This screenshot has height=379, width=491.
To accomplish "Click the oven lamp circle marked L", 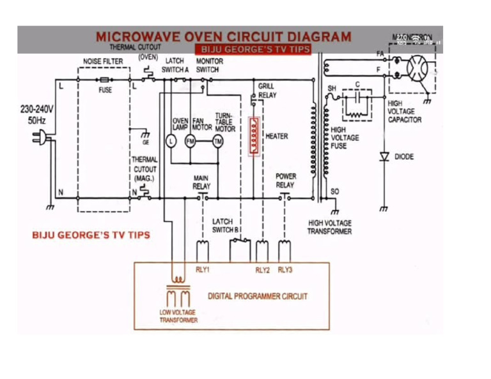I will pyautogui.click(x=171, y=141).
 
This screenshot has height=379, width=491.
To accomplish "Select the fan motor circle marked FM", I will pyautogui.click(x=190, y=141).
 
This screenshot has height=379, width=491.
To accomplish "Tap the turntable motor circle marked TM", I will pyautogui.click(x=217, y=141).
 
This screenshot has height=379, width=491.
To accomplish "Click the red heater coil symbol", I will pyautogui.click(x=254, y=136).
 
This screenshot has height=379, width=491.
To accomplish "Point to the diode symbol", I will pyautogui.click(x=384, y=156).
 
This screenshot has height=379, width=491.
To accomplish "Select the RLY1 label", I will pyautogui.click(x=203, y=270).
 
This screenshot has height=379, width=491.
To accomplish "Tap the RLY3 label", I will pyautogui.click(x=284, y=270).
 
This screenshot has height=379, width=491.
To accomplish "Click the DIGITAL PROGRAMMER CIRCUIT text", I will pyautogui.click(x=258, y=296).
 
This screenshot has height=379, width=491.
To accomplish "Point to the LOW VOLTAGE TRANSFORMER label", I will pyautogui.click(x=178, y=316).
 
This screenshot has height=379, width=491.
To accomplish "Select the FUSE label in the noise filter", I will pyautogui.click(x=105, y=90).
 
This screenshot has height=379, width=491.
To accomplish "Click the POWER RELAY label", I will pyautogui.click(x=285, y=181).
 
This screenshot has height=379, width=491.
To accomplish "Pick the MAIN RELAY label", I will pyautogui.click(x=201, y=182).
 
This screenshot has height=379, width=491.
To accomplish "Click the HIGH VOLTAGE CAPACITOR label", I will pyautogui.click(x=404, y=112).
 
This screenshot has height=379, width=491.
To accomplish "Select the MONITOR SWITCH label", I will pyautogui.click(x=208, y=65).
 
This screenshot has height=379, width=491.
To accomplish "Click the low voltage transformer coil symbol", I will pyautogui.click(x=178, y=290).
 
